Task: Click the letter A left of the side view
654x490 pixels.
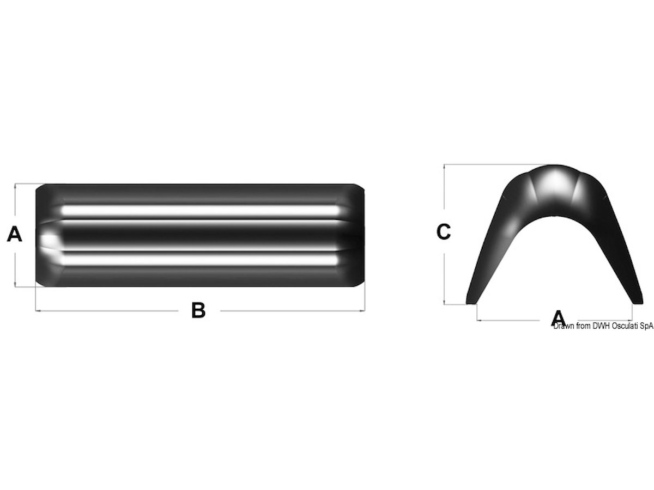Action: (x=14, y=234)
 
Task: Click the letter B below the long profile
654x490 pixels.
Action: (x=198, y=310)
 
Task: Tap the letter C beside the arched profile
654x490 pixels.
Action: (x=443, y=232)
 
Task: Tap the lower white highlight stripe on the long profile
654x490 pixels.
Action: (x=199, y=260)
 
